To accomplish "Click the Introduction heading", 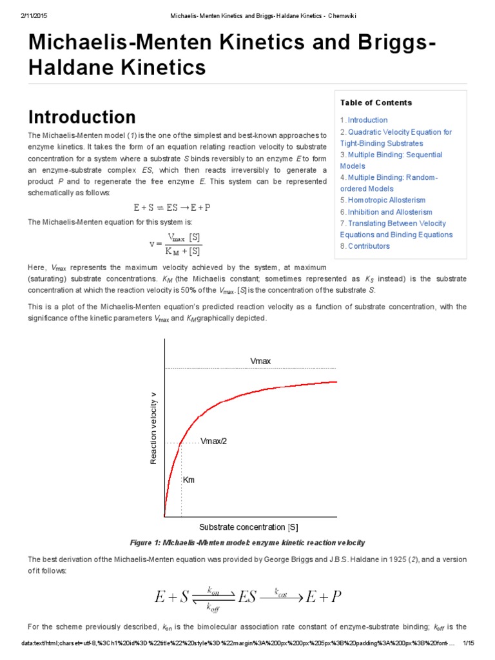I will (82, 117).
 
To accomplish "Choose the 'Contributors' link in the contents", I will (368, 246).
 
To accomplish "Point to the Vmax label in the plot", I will (260, 361).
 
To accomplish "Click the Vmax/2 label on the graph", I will (214, 442).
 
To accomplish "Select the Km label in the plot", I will (189, 480).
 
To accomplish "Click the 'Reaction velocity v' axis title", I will (153, 427).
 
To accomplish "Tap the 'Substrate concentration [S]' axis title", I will (248, 527).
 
